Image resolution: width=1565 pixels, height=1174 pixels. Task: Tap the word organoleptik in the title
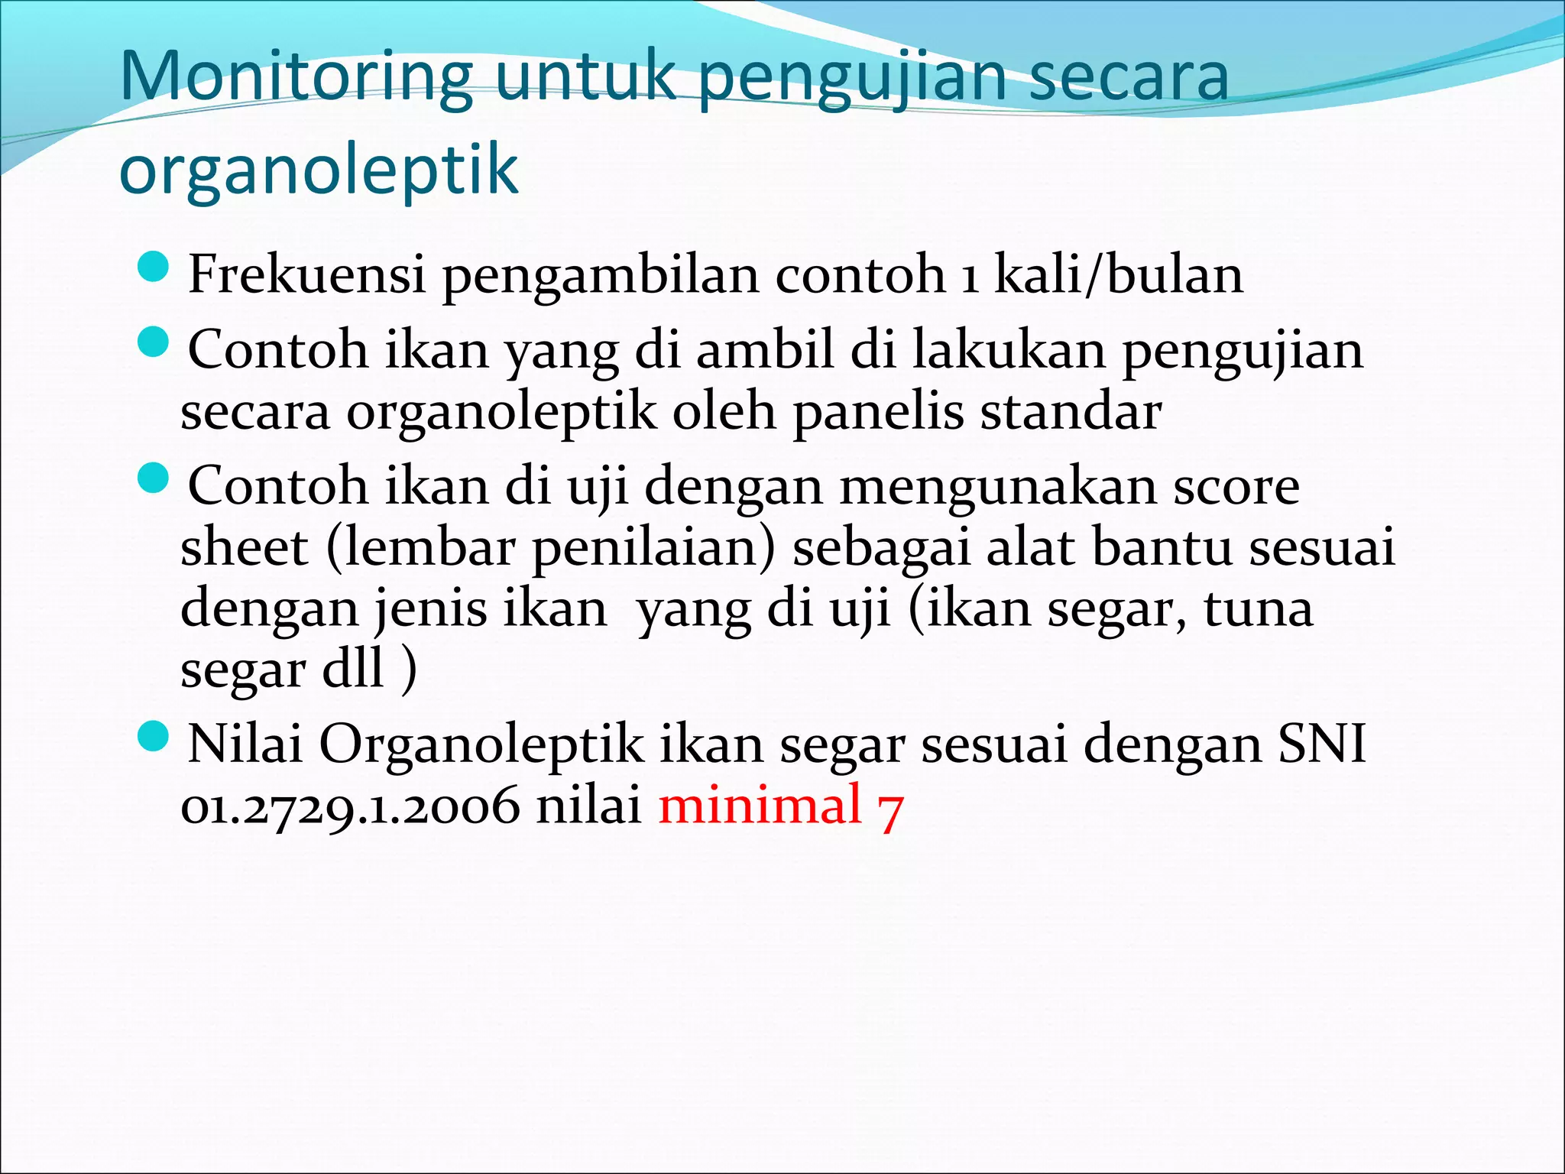tap(319, 169)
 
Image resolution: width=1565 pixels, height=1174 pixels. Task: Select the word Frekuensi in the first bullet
tap(306, 274)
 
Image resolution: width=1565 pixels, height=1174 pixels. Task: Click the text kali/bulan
tap(1118, 274)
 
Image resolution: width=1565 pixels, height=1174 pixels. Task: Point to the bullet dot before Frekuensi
tap(154, 268)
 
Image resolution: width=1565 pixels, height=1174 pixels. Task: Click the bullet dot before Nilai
tap(154, 737)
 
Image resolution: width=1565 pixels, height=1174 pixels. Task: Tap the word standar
tap(1071, 412)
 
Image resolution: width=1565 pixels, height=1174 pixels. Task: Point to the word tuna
tap(1258, 608)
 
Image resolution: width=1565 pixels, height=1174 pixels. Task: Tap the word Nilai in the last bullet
tap(245, 743)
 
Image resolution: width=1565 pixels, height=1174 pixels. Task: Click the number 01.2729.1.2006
tap(349, 806)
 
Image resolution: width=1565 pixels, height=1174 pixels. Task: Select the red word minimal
tap(760, 804)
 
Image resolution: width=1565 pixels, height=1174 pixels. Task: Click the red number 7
tap(891, 809)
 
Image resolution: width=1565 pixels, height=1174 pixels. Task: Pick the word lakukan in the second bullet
tap(1009, 350)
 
